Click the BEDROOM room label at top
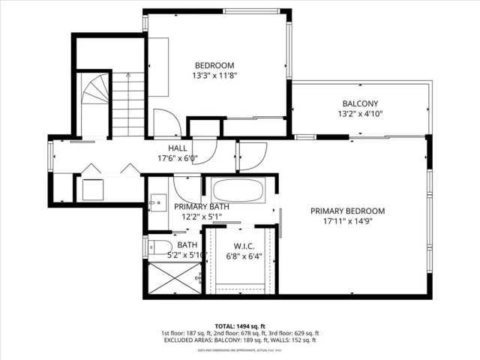[x=214, y=64]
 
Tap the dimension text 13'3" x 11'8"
[x=214, y=76]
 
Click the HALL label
[x=177, y=148]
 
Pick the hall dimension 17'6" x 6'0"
[x=177, y=159]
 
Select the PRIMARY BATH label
[x=202, y=206]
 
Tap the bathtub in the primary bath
[x=237, y=190]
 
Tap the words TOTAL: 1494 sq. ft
[x=240, y=326]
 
